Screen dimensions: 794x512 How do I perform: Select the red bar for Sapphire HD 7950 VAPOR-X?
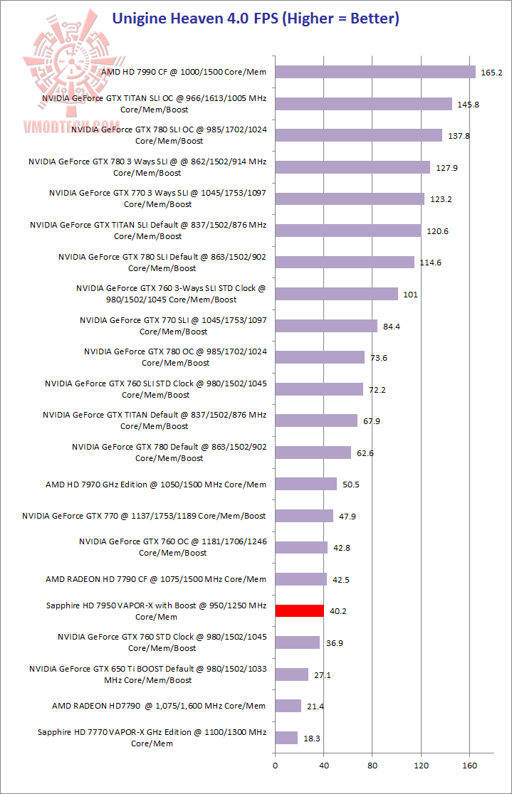299,610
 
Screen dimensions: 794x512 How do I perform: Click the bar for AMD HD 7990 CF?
375,72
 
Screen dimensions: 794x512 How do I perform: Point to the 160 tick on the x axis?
469,766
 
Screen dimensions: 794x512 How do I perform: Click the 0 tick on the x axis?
275,766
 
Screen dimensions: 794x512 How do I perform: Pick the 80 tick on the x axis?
372,766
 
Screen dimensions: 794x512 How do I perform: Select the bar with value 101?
336,294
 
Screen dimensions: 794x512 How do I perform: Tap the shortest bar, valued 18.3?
286,738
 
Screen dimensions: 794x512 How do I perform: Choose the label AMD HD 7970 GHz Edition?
156,485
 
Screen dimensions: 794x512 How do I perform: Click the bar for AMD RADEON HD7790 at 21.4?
288,706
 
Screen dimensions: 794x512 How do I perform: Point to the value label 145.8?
469,104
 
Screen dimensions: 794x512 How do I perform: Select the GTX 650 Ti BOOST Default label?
148,674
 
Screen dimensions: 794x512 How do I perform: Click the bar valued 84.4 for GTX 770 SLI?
326,326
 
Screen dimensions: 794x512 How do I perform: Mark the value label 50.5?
349,485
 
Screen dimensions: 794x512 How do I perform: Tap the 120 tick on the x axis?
421,766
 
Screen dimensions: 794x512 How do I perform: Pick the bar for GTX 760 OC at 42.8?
301,547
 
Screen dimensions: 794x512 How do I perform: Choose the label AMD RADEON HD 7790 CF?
156,579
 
